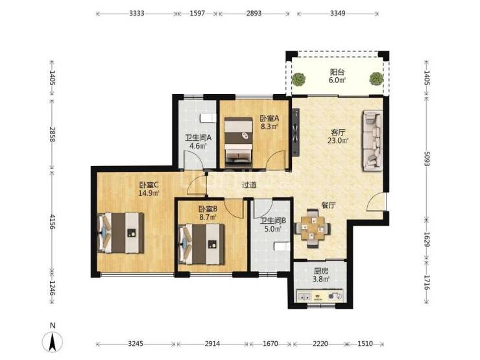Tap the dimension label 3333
[x=136, y=14]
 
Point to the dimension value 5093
[x=426, y=159]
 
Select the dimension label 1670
[x=270, y=344]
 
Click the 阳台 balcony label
[x=337, y=72]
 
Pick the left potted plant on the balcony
[x=298, y=79]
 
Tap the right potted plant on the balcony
[x=376, y=78]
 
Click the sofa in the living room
[x=373, y=141]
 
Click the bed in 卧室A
[x=239, y=141]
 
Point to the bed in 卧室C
[x=120, y=233]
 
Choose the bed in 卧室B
[x=202, y=244]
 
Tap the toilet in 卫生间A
[x=208, y=118]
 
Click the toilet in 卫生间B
[x=282, y=246]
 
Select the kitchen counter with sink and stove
[x=320, y=296]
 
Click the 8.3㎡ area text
[x=269, y=126]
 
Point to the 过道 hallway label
[x=249, y=186]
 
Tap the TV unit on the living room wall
[x=296, y=133]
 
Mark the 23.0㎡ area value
[x=338, y=141]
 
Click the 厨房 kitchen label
[x=321, y=271]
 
